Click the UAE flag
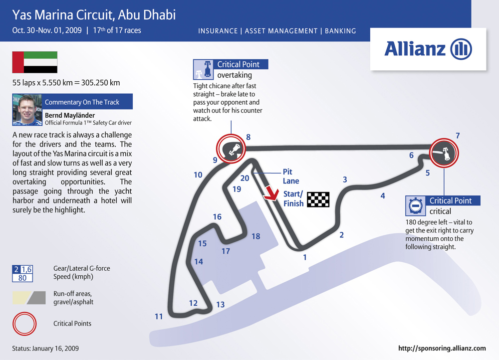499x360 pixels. [x=35, y=62]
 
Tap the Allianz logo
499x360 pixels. [x=428, y=49]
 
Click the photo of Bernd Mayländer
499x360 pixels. [x=27, y=110]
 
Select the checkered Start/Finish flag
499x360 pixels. [x=318, y=200]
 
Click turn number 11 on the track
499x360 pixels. [x=159, y=317]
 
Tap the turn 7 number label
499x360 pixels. [x=458, y=136]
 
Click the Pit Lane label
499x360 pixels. [x=291, y=176]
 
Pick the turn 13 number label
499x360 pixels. [x=221, y=305]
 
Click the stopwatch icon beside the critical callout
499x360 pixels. [x=415, y=206]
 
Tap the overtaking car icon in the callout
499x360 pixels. [x=204, y=69]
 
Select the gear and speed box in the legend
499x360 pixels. [x=22, y=274]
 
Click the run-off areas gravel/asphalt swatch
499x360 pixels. [x=29, y=298]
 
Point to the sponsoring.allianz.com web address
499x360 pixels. [x=442, y=348]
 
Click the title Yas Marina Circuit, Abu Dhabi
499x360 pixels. [x=94, y=15]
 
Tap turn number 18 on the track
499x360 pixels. [x=256, y=236]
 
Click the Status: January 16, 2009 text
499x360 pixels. [x=45, y=348]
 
